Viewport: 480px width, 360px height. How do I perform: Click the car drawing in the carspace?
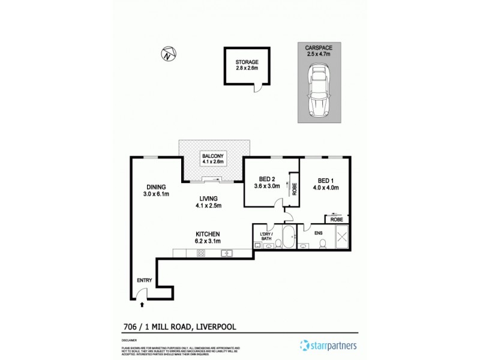point(319,92)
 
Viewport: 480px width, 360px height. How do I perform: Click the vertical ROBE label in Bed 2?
point(295,188)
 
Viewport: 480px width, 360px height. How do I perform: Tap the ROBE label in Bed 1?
point(336,220)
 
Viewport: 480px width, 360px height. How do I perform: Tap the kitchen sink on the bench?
point(227,253)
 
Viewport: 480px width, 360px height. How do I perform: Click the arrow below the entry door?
point(142,305)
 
